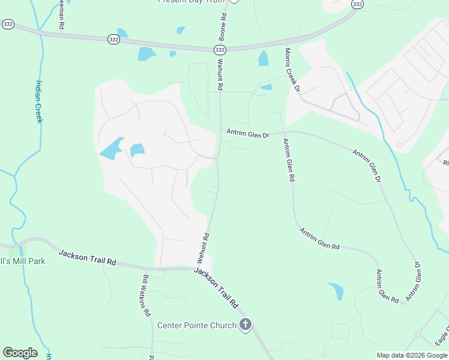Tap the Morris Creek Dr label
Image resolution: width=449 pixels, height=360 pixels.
coord(292,70)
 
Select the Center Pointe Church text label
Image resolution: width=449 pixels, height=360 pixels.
coord(197,325)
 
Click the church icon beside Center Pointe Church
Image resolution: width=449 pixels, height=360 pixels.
coord(245,325)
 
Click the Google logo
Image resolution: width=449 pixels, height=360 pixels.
coord(20,353)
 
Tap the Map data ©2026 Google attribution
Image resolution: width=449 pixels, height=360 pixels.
coord(412,355)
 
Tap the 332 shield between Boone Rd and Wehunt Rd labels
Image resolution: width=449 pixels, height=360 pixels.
coord(220,50)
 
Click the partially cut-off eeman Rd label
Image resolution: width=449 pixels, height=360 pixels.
coord(61,15)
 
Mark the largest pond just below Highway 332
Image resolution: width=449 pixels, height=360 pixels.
coord(146,54)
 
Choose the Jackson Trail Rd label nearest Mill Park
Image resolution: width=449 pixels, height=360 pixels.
coord(88,258)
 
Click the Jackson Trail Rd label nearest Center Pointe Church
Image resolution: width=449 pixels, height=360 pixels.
coord(216,288)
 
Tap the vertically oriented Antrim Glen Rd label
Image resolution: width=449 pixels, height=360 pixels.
coord(288,160)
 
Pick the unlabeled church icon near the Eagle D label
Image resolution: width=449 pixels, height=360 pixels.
coord(418,334)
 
